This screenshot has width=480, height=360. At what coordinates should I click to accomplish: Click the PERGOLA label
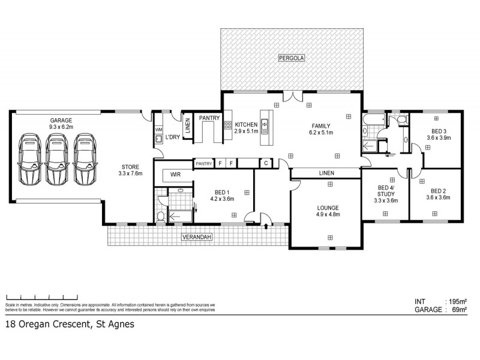pos(292,58)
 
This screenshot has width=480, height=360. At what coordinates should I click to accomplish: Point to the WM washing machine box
pos(158,130)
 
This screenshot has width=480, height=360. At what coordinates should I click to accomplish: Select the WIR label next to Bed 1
pos(175,175)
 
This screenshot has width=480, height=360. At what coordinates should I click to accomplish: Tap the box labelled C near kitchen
pos(265,163)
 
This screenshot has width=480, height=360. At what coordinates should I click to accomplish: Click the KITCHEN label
pos(246,124)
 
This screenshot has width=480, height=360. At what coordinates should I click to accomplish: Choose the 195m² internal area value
pos(457,301)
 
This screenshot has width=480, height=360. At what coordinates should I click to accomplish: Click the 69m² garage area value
pos(459,310)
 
